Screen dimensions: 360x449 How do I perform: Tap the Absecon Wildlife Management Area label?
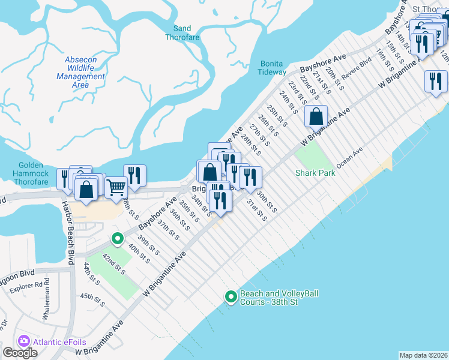click(80, 73)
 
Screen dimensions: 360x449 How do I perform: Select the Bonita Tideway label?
click(273, 68)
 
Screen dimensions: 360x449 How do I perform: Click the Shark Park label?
click(315, 173)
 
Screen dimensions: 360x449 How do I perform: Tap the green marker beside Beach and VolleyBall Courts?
click(231, 296)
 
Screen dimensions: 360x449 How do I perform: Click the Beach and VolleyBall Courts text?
click(279, 298)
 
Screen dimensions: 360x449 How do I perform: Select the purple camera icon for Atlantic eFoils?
click(24, 341)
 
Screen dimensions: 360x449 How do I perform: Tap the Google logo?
click(20, 353)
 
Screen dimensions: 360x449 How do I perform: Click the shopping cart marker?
click(116, 187)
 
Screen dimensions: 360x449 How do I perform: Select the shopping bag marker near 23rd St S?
click(316, 115)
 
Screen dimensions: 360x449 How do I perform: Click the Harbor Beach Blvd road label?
click(70, 224)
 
